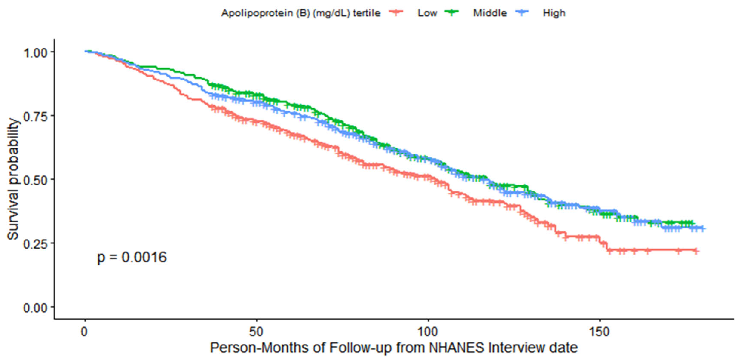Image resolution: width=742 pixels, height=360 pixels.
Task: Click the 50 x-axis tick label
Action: (x=256, y=332)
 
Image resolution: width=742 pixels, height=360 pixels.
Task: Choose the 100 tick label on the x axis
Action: (x=428, y=332)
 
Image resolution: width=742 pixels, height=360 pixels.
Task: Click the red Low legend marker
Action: (x=396, y=12)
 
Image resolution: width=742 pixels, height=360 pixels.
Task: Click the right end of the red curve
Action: (x=696, y=251)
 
